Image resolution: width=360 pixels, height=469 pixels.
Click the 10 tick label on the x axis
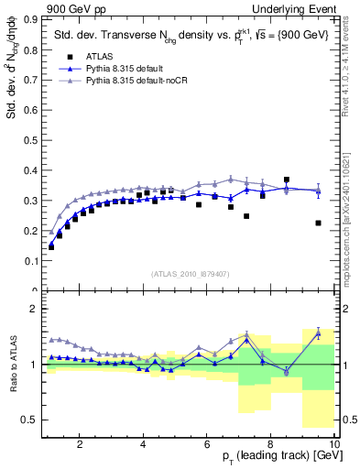[x=334, y=444]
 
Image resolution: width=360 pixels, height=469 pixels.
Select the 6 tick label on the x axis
[x=207, y=444]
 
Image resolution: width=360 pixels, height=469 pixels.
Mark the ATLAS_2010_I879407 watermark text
[x=189, y=273]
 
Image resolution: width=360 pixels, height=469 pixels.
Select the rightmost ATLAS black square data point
[x=318, y=223]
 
